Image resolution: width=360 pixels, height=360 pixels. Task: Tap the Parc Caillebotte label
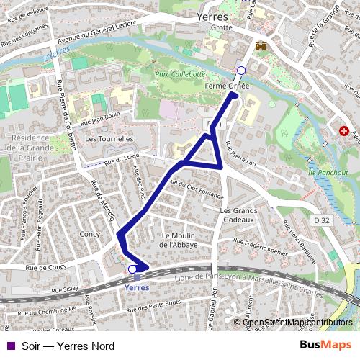click(181, 74)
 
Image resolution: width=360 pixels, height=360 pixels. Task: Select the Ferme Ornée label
click(228, 85)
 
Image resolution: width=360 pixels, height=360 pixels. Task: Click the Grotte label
click(222, 27)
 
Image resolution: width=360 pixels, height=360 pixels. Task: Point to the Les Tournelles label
click(109, 138)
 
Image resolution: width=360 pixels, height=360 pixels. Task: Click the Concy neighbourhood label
click(90, 235)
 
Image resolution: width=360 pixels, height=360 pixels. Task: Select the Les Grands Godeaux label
click(238, 214)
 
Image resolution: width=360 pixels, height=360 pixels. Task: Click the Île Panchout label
click(328, 173)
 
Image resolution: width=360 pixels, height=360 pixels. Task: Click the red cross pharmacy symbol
click(344, 132)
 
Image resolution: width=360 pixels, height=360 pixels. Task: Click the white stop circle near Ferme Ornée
click(241, 70)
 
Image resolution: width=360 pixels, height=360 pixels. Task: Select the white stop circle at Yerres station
click(132, 269)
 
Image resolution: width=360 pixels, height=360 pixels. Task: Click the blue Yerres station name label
click(136, 287)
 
